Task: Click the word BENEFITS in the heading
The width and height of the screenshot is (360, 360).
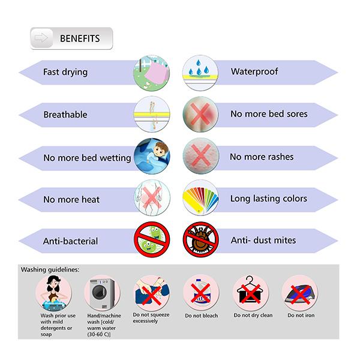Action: pyautogui.click(x=79, y=38)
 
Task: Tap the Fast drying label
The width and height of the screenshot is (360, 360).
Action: pyautogui.click(x=65, y=72)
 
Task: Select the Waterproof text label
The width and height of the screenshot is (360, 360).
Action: pyautogui.click(x=254, y=72)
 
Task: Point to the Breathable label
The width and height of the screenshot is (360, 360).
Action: pyautogui.click(x=65, y=114)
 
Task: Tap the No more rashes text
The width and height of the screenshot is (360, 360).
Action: pyautogui.click(x=262, y=157)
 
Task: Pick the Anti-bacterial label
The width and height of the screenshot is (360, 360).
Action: pyautogui.click(x=70, y=241)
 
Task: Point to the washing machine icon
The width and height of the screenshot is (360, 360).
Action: pyautogui.click(x=100, y=292)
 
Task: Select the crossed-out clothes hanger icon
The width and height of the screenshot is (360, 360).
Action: pyautogui.click(x=249, y=292)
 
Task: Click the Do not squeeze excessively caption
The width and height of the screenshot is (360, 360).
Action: pyautogui.click(x=150, y=318)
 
